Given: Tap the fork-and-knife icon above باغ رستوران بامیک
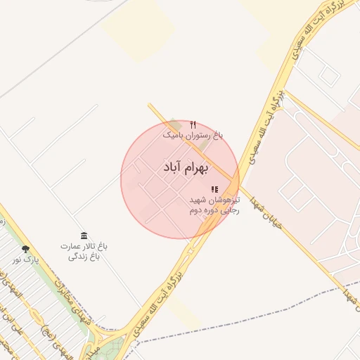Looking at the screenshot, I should pyautogui.click(x=193, y=124).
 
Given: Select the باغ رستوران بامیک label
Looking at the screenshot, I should pyautogui.click(x=193, y=134).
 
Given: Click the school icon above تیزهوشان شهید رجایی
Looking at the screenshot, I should pyautogui.click(x=214, y=189).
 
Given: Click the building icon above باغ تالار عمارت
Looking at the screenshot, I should pyautogui.click(x=84, y=235).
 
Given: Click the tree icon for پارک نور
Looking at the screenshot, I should pyautogui.click(x=26, y=249).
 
